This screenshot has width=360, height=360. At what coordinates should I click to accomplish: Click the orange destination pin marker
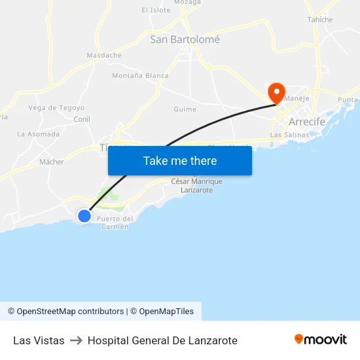(x=276, y=92)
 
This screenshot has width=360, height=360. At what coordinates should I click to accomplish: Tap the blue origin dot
(x=84, y=215)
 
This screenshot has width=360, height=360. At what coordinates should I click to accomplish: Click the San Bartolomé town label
(x=185, y=39)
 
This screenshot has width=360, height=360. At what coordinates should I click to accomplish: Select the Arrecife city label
(x=308, y=122)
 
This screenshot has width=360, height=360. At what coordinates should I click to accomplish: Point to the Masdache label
(x=104, y=56)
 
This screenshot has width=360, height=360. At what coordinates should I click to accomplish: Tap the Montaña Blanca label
(x=140, y=76)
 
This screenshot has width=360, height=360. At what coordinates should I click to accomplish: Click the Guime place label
(x=185, y=109)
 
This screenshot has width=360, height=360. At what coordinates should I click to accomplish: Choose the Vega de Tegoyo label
(x=56, y=108)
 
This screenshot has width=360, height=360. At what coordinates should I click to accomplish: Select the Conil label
(x=82, y=119)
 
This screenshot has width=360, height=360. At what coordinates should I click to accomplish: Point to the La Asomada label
(x=38, y=134)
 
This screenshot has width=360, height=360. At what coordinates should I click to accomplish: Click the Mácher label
(x=52, y=162)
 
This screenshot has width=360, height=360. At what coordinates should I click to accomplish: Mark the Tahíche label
(x=320, y=20)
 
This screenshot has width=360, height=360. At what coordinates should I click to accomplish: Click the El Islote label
(x=156, y=10)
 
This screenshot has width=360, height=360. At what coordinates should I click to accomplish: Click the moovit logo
(x=320, y=339)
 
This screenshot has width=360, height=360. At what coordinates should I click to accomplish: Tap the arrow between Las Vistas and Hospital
(x=76, y=340)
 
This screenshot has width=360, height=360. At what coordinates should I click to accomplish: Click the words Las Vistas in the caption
(x=39, y=340)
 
